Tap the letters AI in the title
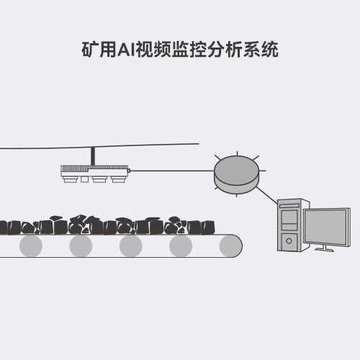point(127,50)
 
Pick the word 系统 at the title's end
point(261,50)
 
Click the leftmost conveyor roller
point(31,246)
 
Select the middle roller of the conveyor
point(131,246)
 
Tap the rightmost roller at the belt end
point(230,246)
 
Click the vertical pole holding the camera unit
point(93,156)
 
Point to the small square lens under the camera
point(84,179)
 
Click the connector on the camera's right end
point(129,171)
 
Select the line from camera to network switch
point(172,171)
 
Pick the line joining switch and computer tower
point(267,195)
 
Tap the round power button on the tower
point(289,240)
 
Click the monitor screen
point(326,227)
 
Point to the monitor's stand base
point(325,249)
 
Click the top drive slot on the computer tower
point(289,206)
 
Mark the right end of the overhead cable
point(199,144)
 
